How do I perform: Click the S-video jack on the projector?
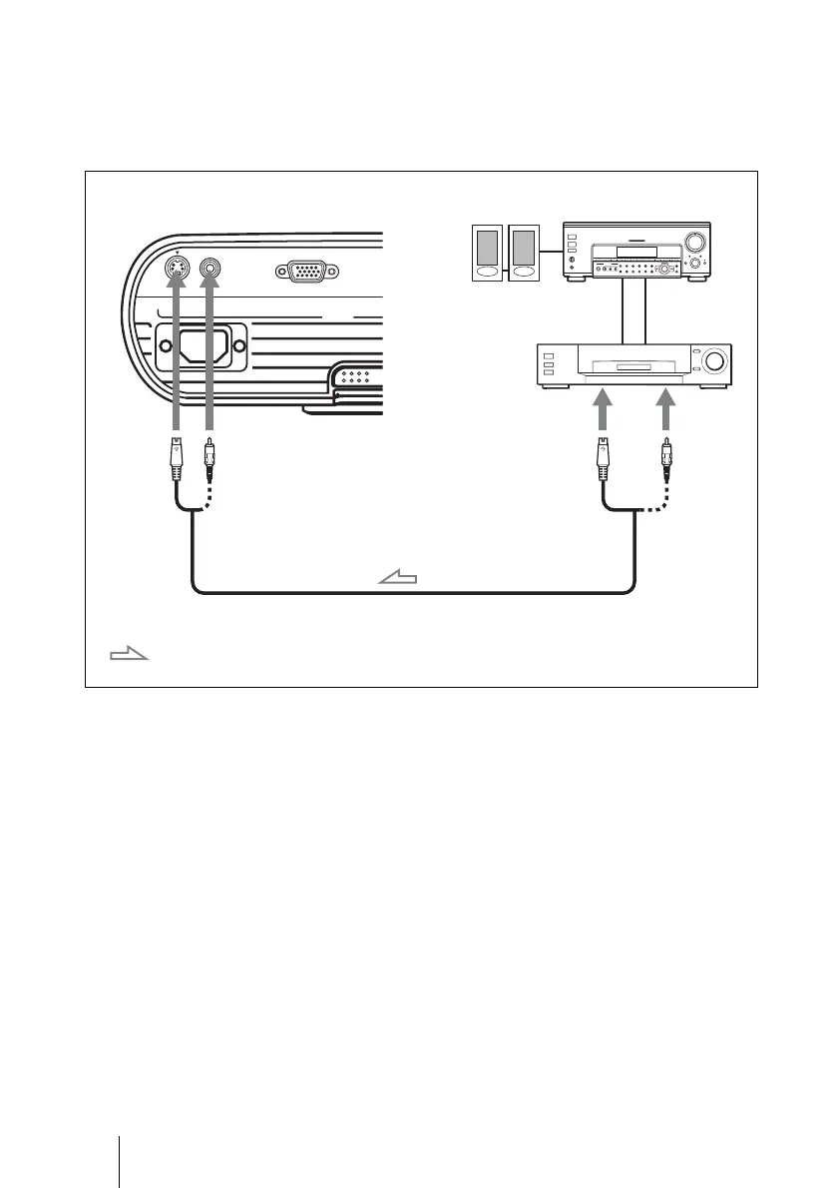177,269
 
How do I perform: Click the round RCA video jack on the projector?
210,269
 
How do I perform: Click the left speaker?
488,254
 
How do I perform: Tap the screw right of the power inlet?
239,348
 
